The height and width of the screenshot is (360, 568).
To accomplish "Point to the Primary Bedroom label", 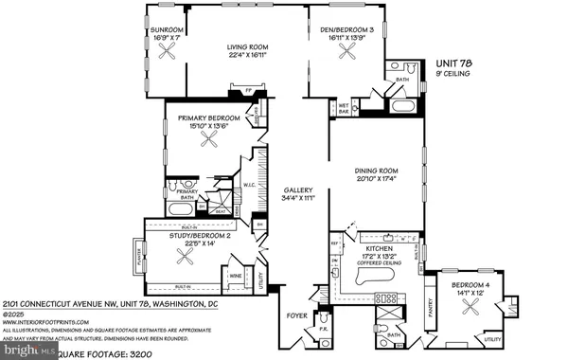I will point(212,117).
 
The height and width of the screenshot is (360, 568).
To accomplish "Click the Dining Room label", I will point(375,171).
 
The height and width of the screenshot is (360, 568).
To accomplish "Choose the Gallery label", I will point(298,189).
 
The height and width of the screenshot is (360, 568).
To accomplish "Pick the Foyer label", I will point(299,306).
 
